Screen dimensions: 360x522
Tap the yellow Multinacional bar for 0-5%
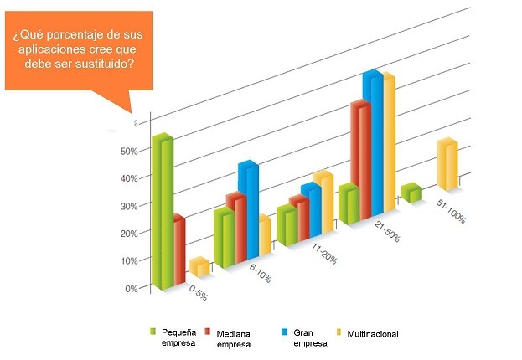click(x=199, y=267)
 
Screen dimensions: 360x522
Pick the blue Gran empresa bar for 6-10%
click(x=248, y=209)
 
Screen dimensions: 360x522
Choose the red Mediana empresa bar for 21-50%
click(x=360, y=163)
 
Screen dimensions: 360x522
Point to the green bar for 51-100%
click(x=411, y=193)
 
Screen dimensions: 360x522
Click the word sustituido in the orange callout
click(x=98, y=66)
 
